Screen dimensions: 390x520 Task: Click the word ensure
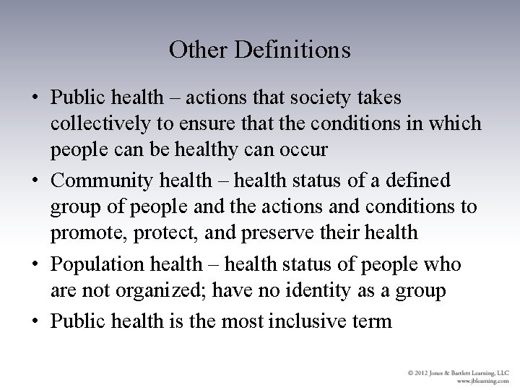click(x=190, y=123)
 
